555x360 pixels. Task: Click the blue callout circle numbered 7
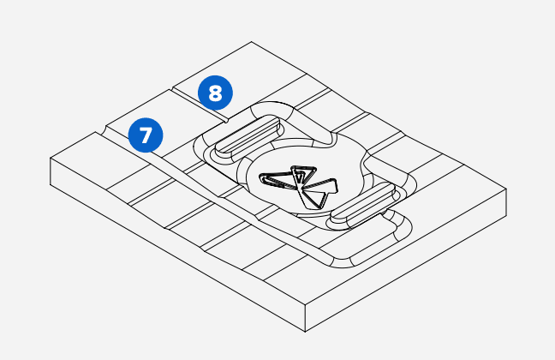point(145,135)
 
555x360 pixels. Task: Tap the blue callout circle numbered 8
point(213,91)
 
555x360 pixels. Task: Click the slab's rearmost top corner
point(251,42)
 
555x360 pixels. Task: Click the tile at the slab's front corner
point(300,287)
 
